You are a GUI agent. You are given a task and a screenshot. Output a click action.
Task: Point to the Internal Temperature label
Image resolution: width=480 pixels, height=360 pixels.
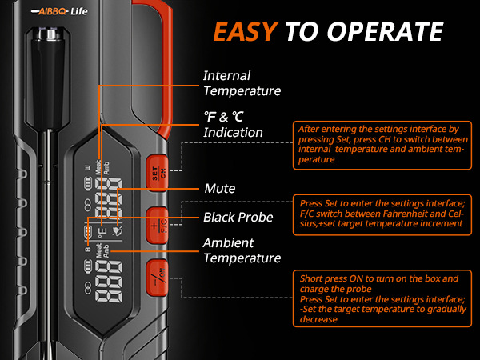pyautogui.click(x=242, y=82)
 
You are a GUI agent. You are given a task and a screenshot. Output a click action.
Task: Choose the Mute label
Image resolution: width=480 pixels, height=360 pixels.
pyautogui.click(x=219, y=189)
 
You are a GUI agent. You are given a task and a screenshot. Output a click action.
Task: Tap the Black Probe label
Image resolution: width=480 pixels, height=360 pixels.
pyautogui.click(x=238, y=217)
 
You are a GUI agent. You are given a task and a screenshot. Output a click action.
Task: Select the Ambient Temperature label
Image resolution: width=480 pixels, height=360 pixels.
pyautogui.click(x=242, y=250)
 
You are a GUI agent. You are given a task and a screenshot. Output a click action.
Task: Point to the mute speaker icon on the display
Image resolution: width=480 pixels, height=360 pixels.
pyautogui.click(x=117, y=230)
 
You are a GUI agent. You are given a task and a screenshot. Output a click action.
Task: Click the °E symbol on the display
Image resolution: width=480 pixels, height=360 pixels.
pyautogui.click(x=101, y=230)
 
